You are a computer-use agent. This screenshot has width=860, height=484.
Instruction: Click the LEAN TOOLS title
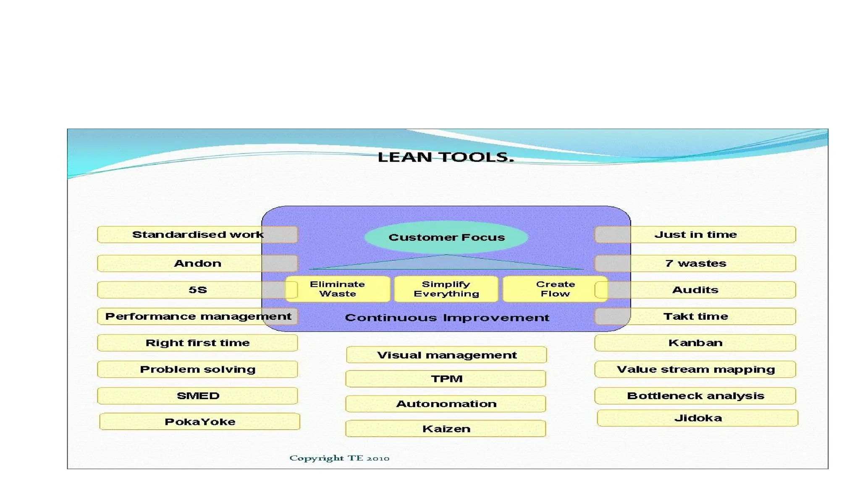click(446, 157)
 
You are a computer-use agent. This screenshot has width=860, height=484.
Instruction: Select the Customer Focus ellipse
click(446, 237)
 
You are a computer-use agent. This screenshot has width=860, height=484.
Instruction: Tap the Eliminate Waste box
click(338, 289)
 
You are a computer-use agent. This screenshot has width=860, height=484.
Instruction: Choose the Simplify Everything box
click(446, 289)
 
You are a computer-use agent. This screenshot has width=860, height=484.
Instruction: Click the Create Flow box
click(555, 289)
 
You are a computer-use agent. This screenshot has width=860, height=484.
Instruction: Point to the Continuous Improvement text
click(447, 318)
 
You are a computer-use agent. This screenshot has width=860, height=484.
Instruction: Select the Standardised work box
click(197, 234)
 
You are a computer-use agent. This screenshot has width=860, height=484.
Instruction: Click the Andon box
click(197, 263)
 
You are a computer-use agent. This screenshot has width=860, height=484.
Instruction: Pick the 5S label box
click(197, 290)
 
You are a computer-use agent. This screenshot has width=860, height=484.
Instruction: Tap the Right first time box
click(197, 343)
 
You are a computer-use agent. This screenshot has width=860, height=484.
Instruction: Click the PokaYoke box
click(200, 421)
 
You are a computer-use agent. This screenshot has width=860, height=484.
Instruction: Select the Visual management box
click(446, 355)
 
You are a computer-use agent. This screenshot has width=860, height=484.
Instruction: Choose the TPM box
click(446, 379)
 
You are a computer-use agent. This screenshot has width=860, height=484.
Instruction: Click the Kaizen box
click(446, 429)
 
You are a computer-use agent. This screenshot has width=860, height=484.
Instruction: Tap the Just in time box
click(695, 234)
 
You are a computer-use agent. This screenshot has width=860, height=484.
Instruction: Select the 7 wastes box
click(695, 263)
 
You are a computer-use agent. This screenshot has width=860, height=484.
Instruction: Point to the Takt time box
click(695, 316)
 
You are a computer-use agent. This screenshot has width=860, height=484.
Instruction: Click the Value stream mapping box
click(695, 369)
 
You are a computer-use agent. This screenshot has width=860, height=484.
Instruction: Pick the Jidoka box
click(698, 418)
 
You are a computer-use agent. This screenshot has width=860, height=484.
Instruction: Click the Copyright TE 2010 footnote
click(339, 458)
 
